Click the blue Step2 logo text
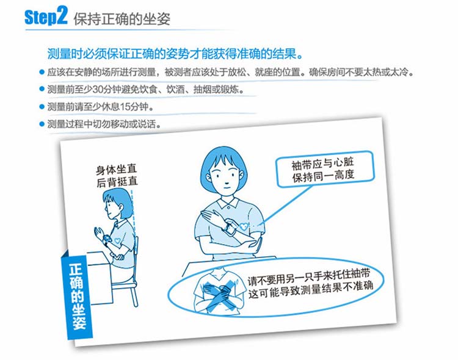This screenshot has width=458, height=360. click(x=46, y=16)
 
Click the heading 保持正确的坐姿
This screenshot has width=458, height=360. click(x=122, y=19)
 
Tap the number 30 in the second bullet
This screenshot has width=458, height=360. click(x=99, y=89)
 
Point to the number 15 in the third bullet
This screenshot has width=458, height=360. click(x=125, y=107)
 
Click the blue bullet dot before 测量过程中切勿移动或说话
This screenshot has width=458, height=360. click(x=42, y=124)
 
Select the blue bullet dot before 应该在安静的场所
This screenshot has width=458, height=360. click(x=42, y=72)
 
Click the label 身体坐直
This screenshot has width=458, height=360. click(x=116, y=170)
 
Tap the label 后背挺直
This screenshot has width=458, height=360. click(x=117, y=182)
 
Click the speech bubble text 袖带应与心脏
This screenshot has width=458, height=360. click(x=322, y=164)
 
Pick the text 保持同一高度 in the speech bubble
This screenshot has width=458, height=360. click(x=324, y=176)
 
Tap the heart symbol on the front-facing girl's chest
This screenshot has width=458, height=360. click(x=243, y=226)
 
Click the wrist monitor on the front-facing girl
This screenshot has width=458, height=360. click(x=230, y=228)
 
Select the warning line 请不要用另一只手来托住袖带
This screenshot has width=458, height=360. click(x=309, y=276)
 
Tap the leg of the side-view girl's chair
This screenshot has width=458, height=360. click(x=134, y=295)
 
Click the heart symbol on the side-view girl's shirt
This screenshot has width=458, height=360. click(x=117, y=241)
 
